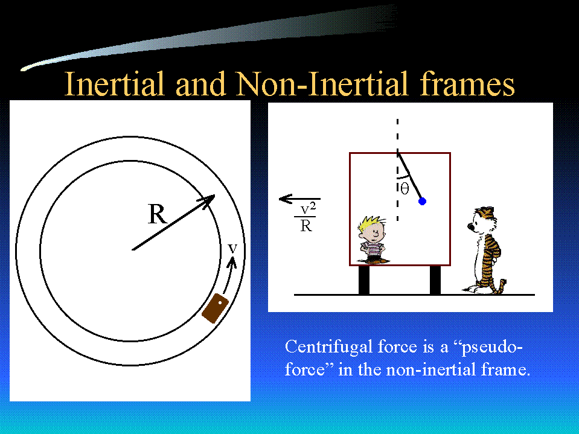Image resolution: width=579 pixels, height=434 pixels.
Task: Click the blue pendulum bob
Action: tap(423, 201)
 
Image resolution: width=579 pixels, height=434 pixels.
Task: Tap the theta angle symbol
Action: tap(405, 190)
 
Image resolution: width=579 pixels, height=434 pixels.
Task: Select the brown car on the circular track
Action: tap(215, 308)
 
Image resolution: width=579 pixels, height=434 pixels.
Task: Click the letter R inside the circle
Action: tap(158, 214)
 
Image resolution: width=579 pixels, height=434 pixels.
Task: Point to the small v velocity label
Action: tap(232, 248)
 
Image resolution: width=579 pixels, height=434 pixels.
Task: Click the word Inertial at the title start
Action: tap(114, 83)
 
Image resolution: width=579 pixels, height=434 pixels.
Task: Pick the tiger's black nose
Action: tap(470, 226)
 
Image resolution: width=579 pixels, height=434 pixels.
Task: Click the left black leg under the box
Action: tap(364, 280)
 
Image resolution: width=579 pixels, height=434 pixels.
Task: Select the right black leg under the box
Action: tap(435, 280)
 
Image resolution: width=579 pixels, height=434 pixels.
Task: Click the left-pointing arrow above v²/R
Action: tap(299, 199)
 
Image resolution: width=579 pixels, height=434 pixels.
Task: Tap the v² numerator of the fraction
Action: tap(308, 209)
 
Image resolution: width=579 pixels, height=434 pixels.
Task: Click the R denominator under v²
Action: tap(306, 225)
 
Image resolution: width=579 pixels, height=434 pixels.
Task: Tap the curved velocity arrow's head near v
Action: tap(232, 261)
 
